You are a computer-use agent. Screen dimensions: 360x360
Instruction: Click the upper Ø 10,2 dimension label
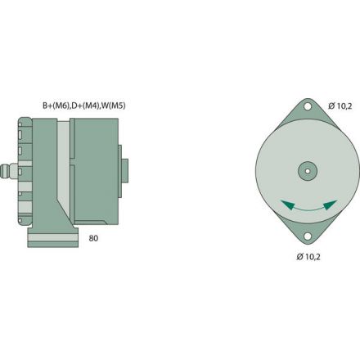340,105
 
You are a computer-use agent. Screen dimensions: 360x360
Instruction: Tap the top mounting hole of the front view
307,106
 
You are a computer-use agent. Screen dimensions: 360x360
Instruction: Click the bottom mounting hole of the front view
307,237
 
